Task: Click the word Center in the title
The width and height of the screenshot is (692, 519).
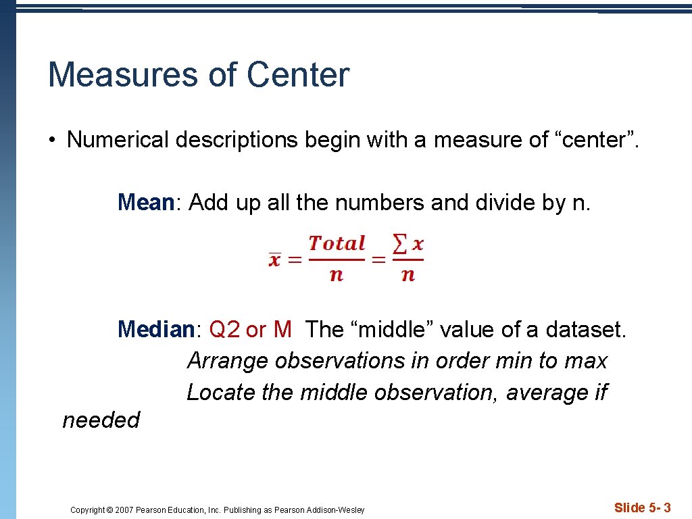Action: pos(298,74)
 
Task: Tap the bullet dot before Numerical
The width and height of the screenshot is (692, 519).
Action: pos(51,141)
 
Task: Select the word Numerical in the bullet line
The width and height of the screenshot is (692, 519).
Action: pos(118,140)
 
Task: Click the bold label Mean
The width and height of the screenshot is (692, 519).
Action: pos(146,202)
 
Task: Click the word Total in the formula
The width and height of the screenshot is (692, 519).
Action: pos(337,243)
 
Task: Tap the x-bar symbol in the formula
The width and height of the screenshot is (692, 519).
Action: pos(275,259)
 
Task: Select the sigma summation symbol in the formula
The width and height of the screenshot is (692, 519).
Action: pos(400,244)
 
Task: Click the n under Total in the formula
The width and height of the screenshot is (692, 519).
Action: pos(337,274)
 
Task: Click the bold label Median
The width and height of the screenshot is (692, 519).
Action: pos(156,330)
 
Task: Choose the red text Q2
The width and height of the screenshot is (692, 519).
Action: pos(225,330)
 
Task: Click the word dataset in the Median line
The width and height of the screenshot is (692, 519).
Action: pos(585,330)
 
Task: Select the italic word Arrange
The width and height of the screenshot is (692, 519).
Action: pos(228,361)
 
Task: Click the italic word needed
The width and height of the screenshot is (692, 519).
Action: pos(101,420)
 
